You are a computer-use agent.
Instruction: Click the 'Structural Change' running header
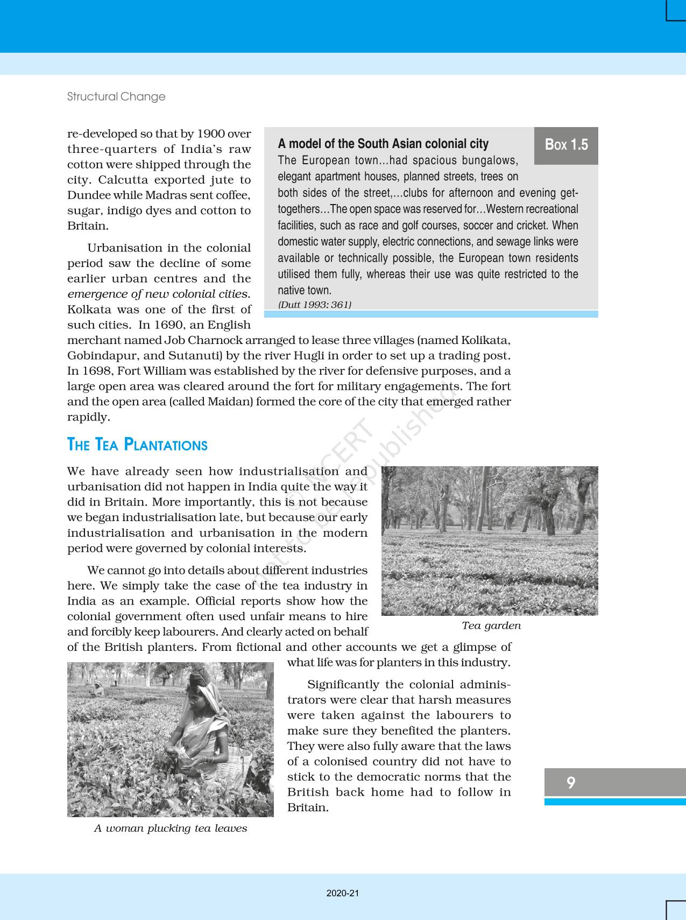coord(116,97)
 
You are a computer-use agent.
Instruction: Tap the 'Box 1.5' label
coord(566,145)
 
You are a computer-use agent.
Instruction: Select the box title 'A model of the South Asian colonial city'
coord(383,144)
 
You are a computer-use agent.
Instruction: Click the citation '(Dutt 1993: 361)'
coord(314,305)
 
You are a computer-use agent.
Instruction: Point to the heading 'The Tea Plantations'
coord(137,445)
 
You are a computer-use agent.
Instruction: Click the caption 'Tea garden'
coord(491,626)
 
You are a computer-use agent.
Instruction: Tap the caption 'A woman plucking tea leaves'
coord(171,828)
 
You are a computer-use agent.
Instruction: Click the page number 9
coord(571,782)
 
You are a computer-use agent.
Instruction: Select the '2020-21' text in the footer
coord(343,893)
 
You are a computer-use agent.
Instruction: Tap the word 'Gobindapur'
coord(96,356)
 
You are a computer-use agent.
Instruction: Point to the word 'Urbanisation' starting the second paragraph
coord(120,248)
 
